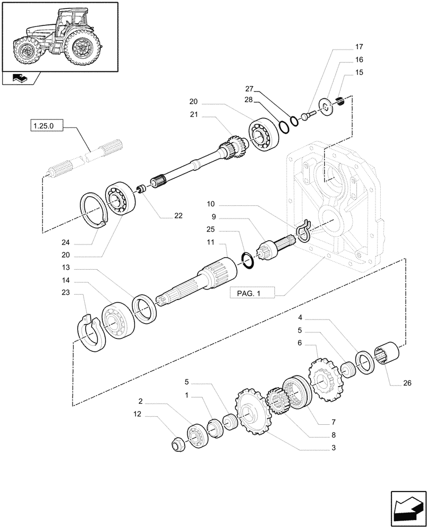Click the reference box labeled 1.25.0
pyautogui.click(x=47, y=127)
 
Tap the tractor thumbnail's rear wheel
pyautogui.click(x=84, y=49)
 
